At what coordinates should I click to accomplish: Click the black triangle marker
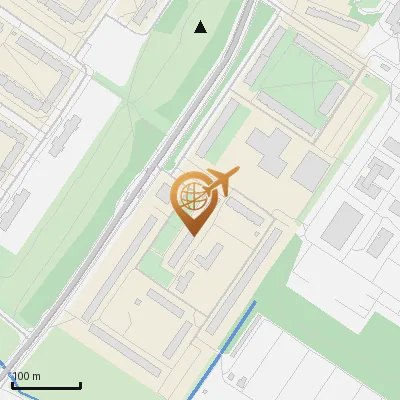point(201,27)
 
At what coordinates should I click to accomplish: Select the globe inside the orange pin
point(191,198)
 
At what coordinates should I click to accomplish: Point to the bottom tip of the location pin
point(191,235)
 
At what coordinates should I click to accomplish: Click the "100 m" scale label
point(26,375)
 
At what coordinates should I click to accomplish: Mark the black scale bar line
point(46,385)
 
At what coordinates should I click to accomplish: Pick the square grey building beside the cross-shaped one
point(310,171)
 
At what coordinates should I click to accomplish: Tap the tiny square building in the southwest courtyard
point(186,281)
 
